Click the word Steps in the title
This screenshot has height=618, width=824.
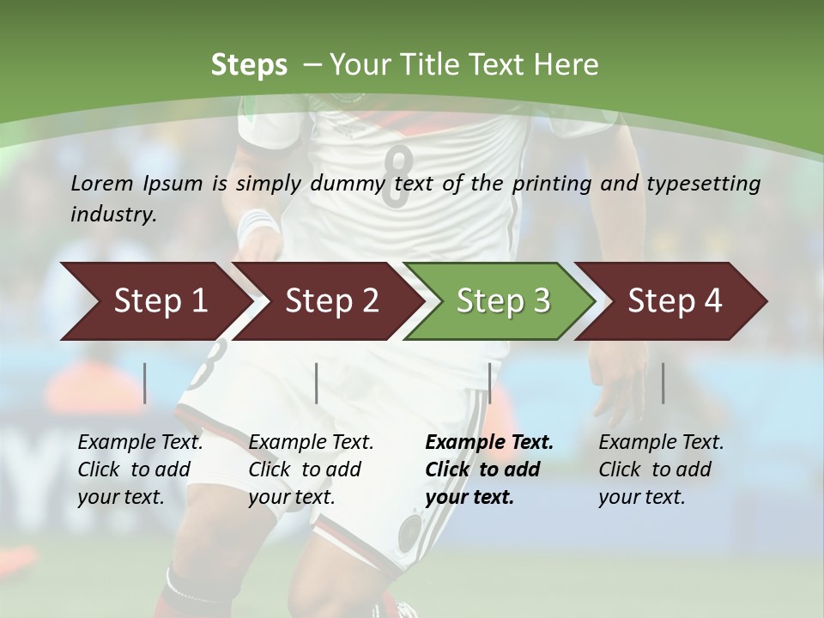click(249, 65)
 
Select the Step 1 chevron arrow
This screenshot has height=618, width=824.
click(154, 301)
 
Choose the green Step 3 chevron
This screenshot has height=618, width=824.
click(502, 301)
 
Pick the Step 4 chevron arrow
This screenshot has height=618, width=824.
click(674, 301)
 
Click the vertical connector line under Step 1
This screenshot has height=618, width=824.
click(145, 383)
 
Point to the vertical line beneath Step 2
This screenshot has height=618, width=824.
click(317, 383)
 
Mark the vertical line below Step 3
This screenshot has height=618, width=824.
click(489, 383)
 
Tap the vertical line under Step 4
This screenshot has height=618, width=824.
click(663, 383)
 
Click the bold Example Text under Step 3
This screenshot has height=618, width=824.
click(489, 443)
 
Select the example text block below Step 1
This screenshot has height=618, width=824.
click(140, 470)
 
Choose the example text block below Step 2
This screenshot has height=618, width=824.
click(311, 470)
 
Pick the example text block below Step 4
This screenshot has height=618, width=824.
click(661, 470)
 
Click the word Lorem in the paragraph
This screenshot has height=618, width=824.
click(102, 183)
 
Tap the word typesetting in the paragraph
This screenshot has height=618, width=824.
click(711, 184)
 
